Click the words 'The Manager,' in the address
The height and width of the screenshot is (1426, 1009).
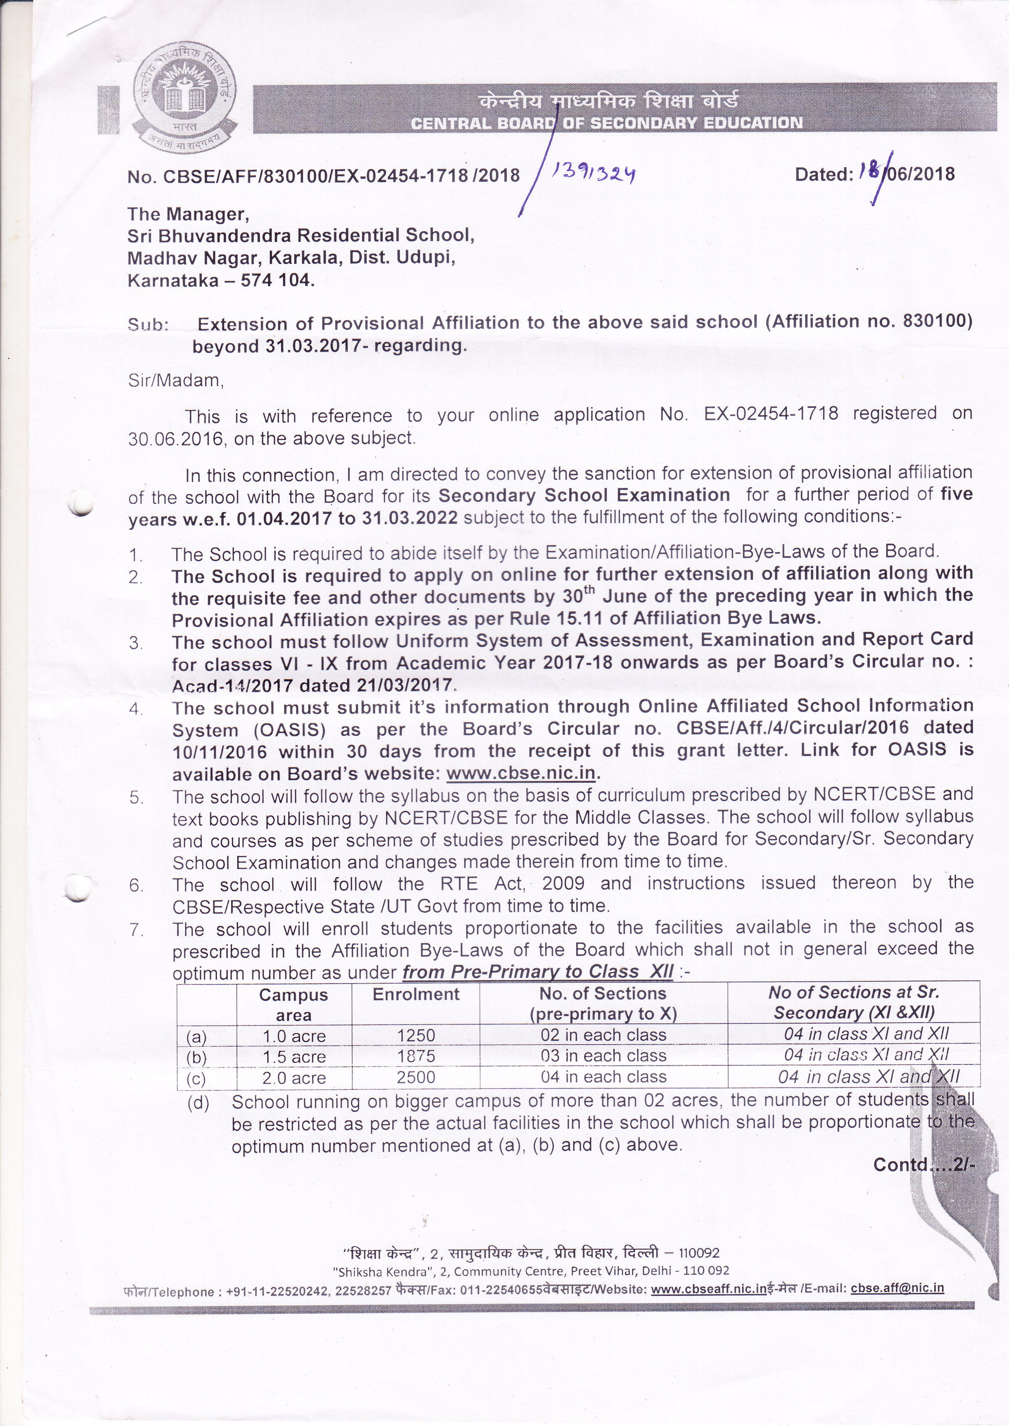pos(188,214)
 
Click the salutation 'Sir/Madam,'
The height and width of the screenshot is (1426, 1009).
pos(176,380)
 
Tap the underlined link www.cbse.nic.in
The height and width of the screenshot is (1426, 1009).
pos(521,774)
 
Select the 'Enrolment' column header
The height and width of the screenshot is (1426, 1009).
pos(416,994)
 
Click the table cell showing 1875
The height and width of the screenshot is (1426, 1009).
pos(416,1056)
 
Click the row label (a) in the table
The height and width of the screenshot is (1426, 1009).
pos(197,1036)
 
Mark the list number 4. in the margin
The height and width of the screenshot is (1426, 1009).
pos(136,709)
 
